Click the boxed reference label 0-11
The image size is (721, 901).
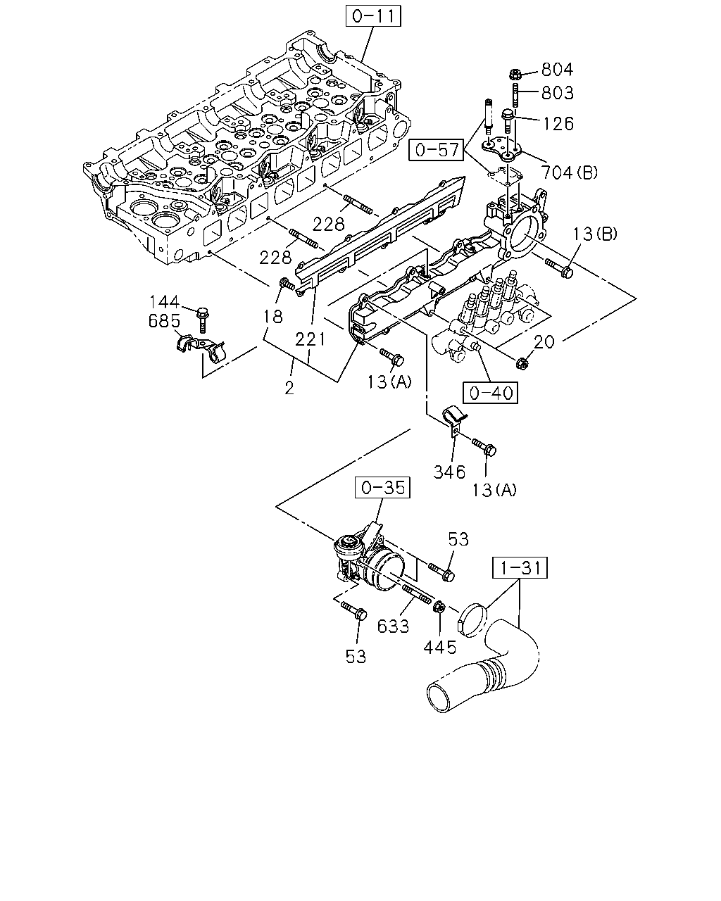(x=373, y=16)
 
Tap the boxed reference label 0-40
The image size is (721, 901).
(x=491, y=393)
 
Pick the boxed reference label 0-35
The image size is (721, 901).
(x=382, y=487)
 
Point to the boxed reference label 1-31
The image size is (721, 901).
(x=520, y=568)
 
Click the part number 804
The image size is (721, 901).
(x=557, y=70)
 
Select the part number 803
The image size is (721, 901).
(x=557, y=93)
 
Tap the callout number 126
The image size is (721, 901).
(x=558, y=123)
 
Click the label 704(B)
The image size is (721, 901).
(x=570, y=172)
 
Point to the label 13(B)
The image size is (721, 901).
(x=594, y=234)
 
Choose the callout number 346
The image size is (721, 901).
(x=449, y=472)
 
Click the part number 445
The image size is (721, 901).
(x=439, y=648)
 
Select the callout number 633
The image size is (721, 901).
(x=393, y=626)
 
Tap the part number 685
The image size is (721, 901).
(x=164, y=321)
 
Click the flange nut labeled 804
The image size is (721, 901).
(x=515, y=75)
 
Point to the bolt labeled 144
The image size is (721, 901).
(x=203, y=320)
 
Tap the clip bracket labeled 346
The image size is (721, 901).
(x=455, y=420)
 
